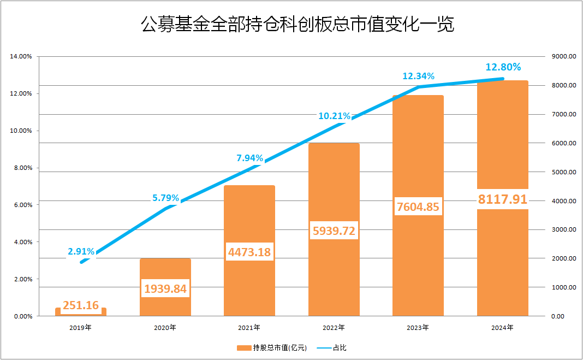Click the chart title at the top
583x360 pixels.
click(x=298, y=25)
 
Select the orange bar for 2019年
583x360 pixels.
click(x=81, y=312)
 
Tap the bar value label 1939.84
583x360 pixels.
click(x=165, y=288)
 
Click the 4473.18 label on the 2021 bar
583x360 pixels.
click(x=249, y=252)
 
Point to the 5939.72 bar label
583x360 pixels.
click(x=334, y=231)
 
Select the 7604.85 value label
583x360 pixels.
click(x=418, y=207)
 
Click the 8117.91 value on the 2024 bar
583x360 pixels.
click(x=502, y=199)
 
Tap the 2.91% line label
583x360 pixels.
click(x=81, y=251)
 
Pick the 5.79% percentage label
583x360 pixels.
click(x=165, y=198)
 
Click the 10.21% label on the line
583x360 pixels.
click(x=334, y=116)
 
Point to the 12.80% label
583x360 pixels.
click(x=503, y=67)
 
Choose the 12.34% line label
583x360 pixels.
click(x=418, y=76)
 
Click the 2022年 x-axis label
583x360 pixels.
click(x=334, y=328)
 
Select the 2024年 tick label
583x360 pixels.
click(x=502, y=328)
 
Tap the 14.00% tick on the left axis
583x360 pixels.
click(x=21, y=56)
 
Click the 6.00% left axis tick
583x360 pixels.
click(x=22, y=205)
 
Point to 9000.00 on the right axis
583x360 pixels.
click(x=564, y=56)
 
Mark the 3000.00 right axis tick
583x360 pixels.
click(x=564, y=229)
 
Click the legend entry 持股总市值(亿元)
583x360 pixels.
click(x=273, y=347)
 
